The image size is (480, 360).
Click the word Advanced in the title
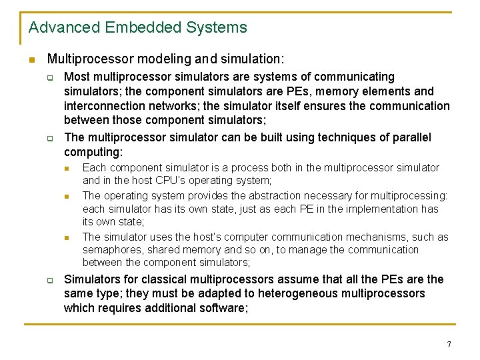point(59,28)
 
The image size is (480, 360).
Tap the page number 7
point(449,345)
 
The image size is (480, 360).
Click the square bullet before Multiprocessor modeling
point(31,60)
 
